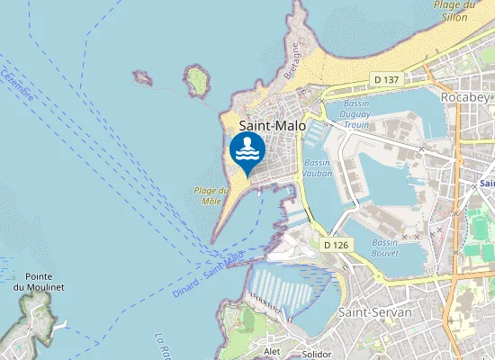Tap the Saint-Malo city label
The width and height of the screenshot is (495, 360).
272,127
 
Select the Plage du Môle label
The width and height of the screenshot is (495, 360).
207,195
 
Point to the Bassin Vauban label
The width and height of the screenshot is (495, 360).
317,168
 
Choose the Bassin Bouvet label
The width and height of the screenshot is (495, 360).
385,247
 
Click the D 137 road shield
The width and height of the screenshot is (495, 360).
387,80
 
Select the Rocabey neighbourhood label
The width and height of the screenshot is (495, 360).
463,95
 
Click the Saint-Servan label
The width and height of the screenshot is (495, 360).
370,310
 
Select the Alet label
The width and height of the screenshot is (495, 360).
272,350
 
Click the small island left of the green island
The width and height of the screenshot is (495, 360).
141,77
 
